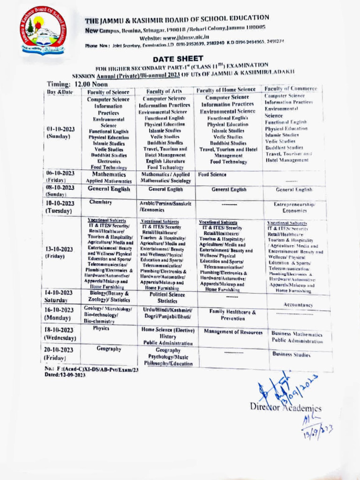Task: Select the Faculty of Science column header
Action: (108, 92)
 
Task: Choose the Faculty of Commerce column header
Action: (291, 89)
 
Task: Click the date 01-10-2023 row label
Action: (60, 132)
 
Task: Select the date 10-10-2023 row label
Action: (60, 207)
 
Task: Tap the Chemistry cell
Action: (100, 202)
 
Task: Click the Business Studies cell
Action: (292, 355)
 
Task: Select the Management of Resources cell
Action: (233, 332)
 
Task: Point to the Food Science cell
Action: (212, 174)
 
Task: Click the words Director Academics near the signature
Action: (285, 406)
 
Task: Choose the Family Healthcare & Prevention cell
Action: (232, 315)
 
